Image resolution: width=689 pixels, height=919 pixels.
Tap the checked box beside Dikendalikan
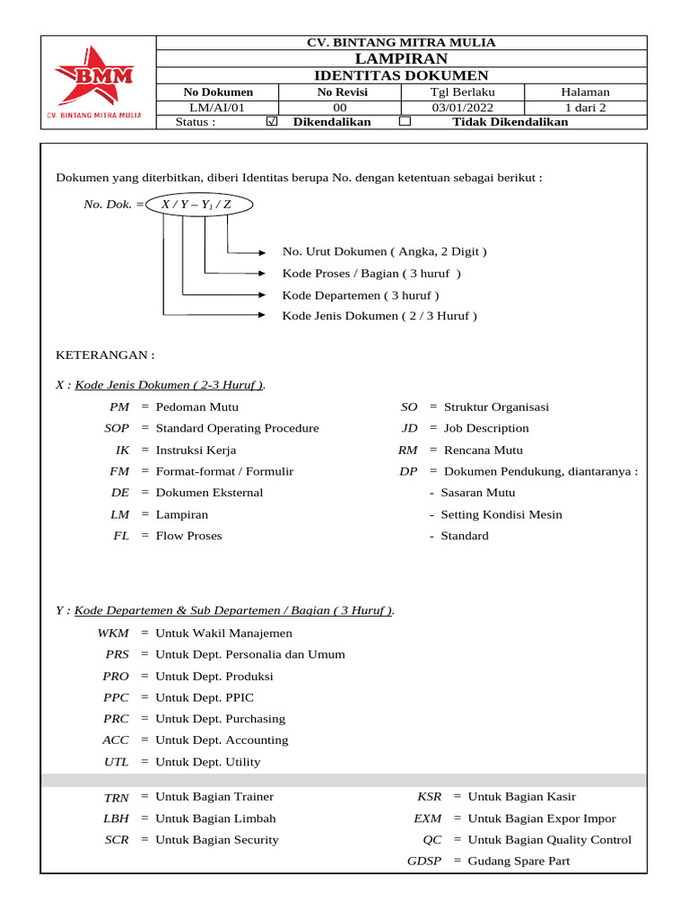pyautogui.click(x=273, y=122)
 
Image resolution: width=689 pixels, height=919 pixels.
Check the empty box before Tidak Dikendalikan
pyautogui.click(x=405, y=121)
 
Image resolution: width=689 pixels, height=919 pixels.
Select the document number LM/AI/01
pyautogui.click(x=218, y=108)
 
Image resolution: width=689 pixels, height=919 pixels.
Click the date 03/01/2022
pyautogui.click(x=463, y=108)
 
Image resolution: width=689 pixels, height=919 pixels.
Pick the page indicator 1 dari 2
pyautogui.click(x=585, y=108)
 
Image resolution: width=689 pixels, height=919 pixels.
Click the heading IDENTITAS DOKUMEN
pyautogui.click(x=401, y=75)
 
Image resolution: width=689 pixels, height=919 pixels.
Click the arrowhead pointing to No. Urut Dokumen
pyautogui.click(x=263, y=252)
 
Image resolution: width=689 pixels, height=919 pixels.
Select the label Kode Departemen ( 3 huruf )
pyautogui.click(x=361, y=295)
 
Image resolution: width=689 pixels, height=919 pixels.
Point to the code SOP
pyautogui.click(x=117, y=428)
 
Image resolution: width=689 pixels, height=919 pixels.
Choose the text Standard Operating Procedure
pyautogui.click(x=238, y=428)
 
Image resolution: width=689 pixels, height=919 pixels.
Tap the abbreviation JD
pyautogui.click(x=410, y=428)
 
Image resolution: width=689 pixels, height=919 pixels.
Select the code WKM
pyautogui.click(x=113, y=633)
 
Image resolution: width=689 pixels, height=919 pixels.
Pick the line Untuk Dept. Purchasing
pyautogui.click(x=221, y=719)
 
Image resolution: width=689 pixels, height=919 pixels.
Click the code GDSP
pyautogui.click(x=424, y=862)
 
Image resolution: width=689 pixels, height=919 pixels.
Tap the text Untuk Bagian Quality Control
pyautogui.click(x=550, y=840)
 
